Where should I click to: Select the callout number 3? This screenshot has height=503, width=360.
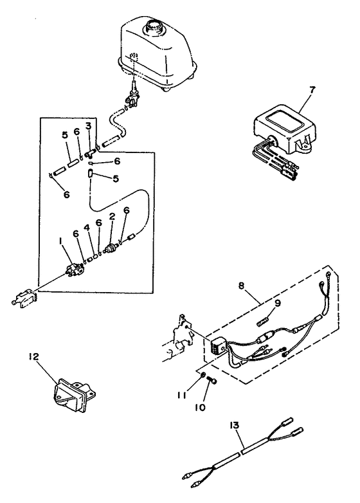[88, 125]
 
